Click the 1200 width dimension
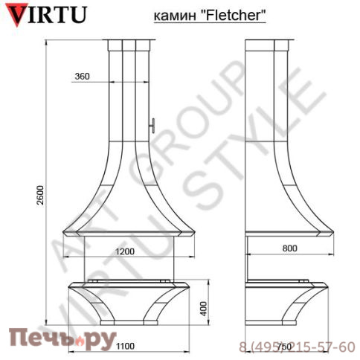tap(125, 251)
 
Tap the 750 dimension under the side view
tap(282, 347)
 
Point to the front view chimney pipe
tap(132, 89)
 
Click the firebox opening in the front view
tap(132, 260)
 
